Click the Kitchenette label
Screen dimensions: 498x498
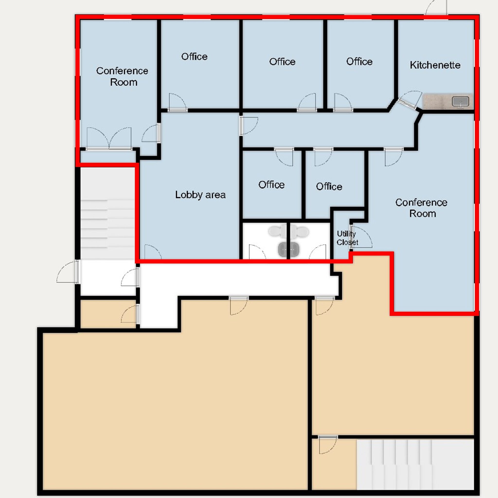[435, 65]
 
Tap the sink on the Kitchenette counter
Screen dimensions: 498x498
[460, 101]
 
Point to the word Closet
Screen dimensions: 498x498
[347, 242]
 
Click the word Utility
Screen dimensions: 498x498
[346, 234]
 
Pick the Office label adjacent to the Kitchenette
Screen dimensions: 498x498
[359, 62]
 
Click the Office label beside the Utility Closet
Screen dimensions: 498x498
[329, 186]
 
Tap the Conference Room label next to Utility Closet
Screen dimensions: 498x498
[421, 208]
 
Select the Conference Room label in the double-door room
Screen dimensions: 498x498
[122, 77]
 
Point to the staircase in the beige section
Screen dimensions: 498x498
[415, 464]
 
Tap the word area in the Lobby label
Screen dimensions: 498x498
[215, 195]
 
